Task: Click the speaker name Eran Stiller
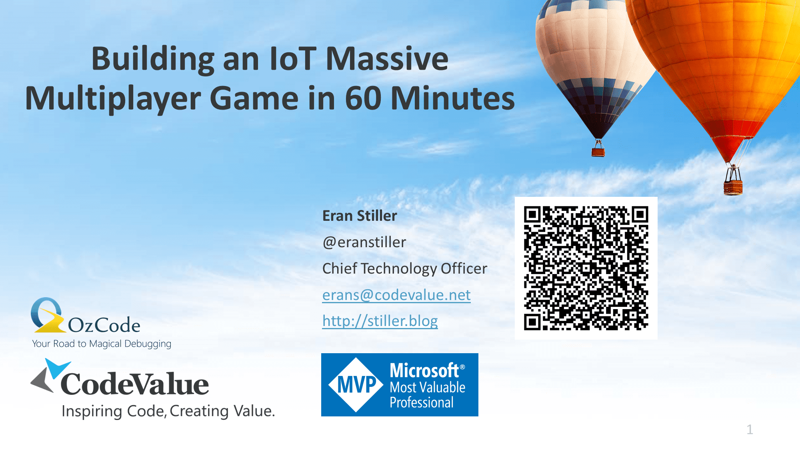point(360,216)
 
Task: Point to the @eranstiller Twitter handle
point(364,242)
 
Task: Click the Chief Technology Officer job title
point(405,268)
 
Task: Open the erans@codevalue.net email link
point(396,295)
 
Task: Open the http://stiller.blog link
point(380,321)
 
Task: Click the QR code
point(586,268)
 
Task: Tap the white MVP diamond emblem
point(356,385)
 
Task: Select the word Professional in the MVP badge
point(422,402)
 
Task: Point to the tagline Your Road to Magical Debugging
point(102,344)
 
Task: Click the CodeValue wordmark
point(135,384)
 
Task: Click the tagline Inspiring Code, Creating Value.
point(168,411)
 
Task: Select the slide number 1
point(750,430)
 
